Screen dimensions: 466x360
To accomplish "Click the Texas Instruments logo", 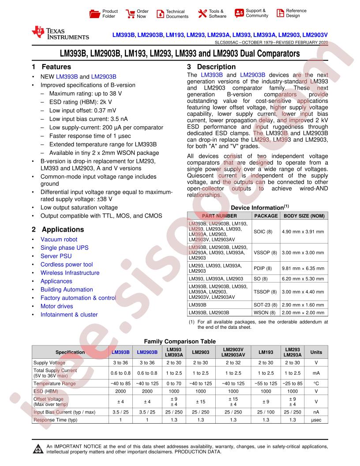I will [x=60, y=33].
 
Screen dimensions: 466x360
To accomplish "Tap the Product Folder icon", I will [x=94, y=14].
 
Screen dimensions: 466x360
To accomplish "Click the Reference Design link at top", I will [x=296, y=13].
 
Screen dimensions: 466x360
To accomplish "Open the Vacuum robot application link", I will [x=59, y=240].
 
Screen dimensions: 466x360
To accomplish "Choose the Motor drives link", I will [x=56, y=306].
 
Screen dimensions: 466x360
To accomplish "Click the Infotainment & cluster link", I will [x=69, y=315].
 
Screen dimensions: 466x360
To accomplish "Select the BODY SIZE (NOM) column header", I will [x=304, y=216].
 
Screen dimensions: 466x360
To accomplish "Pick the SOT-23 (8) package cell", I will [x=266, y=305].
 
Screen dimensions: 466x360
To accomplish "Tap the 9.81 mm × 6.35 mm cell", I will [x=304, y=268].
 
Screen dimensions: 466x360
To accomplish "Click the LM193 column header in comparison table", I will [x=266, y=352].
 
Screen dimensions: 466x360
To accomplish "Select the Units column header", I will [x=316, y=352].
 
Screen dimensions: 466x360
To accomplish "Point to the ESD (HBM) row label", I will [x=46, y=391].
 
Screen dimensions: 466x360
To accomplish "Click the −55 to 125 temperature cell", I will [x=266, y=383].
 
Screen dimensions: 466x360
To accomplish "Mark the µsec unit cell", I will [x=316, y=420].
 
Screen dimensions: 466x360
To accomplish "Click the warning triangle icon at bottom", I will [x=37, y=450].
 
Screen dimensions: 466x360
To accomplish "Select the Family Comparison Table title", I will [x=180, y=341].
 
